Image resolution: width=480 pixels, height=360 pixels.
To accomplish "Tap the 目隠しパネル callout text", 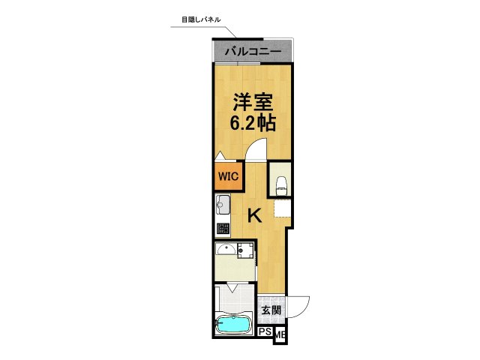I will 202,19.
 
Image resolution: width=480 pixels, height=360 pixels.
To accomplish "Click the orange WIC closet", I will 227,176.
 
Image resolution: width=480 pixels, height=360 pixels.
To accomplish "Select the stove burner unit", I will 223,228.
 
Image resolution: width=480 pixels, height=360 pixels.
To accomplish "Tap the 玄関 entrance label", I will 271,310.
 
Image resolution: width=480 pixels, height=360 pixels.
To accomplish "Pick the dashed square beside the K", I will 281,209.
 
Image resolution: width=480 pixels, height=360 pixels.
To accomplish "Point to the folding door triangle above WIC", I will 220,156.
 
